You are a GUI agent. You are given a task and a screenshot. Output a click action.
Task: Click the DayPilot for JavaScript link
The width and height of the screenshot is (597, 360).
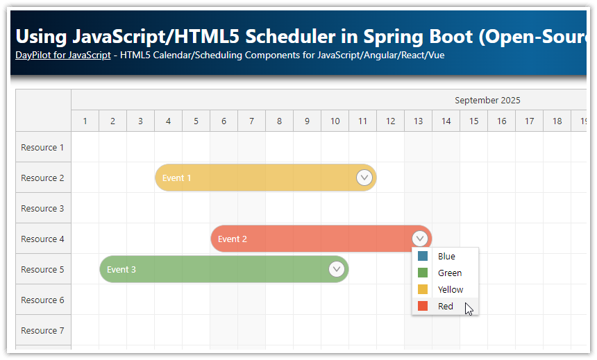pos(62,55)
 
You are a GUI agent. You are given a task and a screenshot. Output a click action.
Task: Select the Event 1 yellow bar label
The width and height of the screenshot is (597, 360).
pos(176,178)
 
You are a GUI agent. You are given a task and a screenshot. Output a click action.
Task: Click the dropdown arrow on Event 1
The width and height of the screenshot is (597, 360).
pos(364,178)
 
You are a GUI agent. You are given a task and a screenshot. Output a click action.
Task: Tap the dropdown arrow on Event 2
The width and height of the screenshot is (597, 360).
pos(420,239)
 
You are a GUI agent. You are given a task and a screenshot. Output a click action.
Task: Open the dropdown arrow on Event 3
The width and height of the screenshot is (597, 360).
pos(337,269)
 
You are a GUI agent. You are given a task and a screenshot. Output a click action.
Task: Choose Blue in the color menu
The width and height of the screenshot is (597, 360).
pos(446,257)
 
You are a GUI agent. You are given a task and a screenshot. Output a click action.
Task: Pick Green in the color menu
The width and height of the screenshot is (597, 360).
pos(449,273)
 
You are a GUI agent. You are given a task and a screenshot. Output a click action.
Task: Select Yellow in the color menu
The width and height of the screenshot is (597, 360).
pos(451,290)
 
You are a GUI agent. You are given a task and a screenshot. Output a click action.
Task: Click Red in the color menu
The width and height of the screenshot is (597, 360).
pos(445,307)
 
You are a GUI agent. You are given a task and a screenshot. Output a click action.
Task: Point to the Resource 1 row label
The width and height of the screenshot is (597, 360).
pos(42,148)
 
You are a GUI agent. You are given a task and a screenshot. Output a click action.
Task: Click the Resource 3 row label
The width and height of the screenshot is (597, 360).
pos(42,209)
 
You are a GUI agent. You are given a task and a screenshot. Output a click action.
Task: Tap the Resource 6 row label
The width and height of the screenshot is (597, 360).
pos(42,300)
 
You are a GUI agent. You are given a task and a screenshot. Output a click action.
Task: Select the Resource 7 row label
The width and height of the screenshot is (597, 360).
pos(42,331)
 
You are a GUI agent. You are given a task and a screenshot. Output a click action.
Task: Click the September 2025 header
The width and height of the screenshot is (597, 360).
pos(487,101)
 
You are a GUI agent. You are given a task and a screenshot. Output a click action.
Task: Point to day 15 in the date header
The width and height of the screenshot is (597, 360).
pos(473,121)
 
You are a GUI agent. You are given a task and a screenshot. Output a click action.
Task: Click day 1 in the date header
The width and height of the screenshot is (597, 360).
pos(85,121)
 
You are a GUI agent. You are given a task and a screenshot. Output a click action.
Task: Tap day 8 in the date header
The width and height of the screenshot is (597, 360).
pos(279,121)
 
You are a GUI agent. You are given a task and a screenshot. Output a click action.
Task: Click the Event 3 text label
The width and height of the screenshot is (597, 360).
pos(121,270)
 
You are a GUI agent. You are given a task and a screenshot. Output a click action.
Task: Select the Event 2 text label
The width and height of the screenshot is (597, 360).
pos(233,239)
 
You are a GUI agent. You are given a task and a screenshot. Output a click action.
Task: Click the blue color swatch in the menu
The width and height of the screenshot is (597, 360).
pos(423,257)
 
